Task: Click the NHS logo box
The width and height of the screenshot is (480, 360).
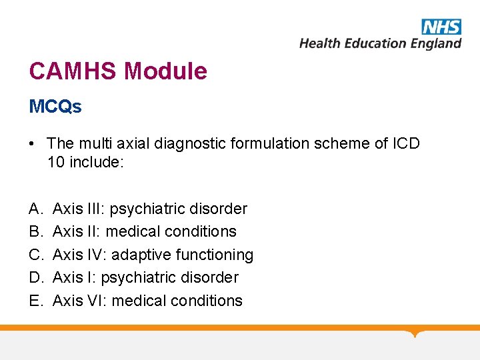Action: coord(441,27)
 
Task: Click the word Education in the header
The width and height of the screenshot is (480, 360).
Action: coord(375,44)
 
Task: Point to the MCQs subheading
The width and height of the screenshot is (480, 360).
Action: coord(55,107)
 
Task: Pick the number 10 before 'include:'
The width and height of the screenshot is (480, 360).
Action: coord(57,161)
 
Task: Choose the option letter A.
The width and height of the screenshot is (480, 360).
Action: coord(35,209)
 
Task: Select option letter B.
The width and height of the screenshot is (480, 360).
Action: coord(35,231)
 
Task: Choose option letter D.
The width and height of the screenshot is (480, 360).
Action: coord(35,277)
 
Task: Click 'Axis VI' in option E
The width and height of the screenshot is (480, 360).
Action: coord(77,301)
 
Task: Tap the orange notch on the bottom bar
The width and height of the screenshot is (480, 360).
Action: coord(416,332)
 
